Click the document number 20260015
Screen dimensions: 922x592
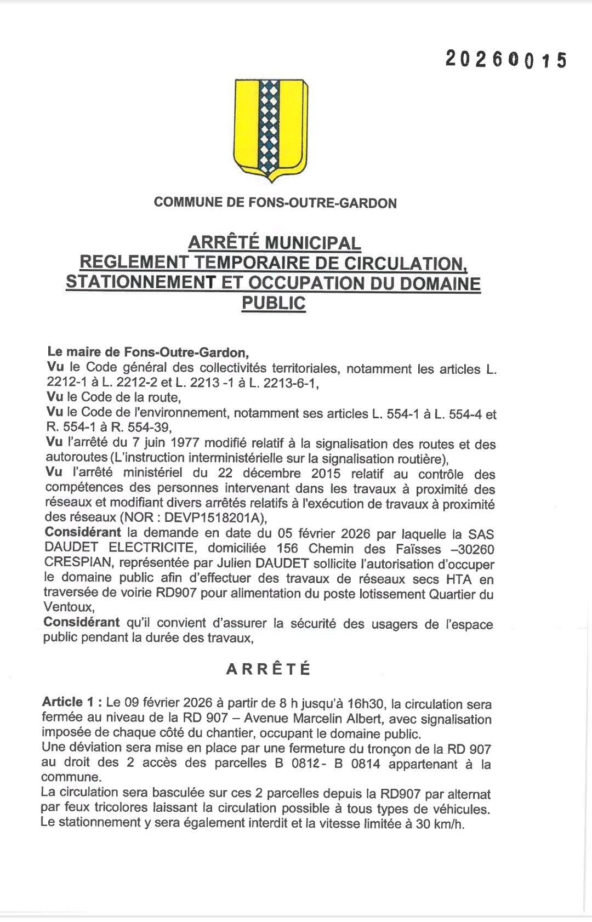505,59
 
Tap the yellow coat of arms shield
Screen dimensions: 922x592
271,129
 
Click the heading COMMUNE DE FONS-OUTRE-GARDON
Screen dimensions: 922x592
275,203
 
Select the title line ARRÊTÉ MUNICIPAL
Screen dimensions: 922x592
275,242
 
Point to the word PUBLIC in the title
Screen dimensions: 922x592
274,303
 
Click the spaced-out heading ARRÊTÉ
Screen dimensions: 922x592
269,669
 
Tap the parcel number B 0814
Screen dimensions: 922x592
357,764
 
